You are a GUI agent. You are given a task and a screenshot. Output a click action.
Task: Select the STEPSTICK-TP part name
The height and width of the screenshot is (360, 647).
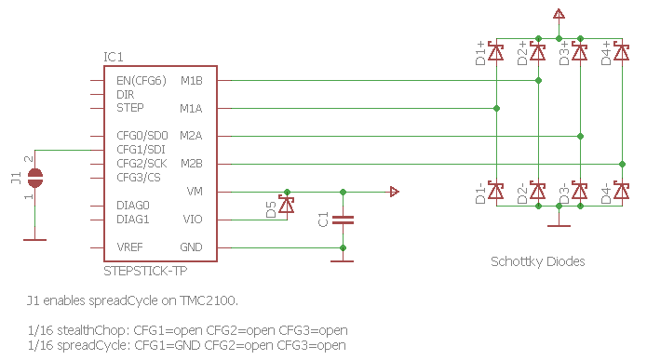(x=147, y=270)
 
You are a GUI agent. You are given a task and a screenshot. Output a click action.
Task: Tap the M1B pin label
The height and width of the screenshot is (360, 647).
(x=191, y=80)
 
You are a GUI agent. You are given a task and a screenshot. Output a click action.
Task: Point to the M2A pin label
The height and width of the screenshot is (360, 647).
(x=191, y=136)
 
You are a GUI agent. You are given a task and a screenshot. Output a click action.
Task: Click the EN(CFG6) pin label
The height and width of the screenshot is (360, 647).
(x=142, y=80)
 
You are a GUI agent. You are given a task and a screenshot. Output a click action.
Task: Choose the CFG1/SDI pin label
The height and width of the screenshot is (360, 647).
(x=142, y=150)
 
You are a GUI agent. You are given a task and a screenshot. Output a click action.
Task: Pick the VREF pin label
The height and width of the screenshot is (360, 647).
(x=130, y=247)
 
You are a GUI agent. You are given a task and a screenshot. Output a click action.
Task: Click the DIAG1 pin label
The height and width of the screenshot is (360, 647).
(x=133, y=220)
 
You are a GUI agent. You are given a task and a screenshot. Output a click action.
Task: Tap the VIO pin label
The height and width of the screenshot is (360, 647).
(x=193, y=220)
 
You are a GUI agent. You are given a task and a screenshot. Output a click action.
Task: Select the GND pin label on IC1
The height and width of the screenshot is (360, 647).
(x=191, y=247)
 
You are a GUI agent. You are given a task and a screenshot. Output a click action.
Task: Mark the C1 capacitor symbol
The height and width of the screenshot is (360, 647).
(x=344, y=220)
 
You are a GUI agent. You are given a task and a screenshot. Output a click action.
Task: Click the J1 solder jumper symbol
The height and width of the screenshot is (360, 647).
(x=34, y=176)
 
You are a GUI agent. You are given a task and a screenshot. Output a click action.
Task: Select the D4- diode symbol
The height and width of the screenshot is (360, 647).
(x=622, y=192)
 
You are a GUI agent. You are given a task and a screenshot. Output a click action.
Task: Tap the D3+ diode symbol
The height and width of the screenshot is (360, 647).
(x=580, y=52)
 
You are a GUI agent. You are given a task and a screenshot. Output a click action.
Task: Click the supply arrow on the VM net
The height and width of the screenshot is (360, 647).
(x=395, y=192)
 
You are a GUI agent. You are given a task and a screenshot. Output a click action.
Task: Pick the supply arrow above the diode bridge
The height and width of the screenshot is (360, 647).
(x=559, y=13)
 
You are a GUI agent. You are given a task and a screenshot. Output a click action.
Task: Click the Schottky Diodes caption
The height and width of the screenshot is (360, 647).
(x=538, y=261)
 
